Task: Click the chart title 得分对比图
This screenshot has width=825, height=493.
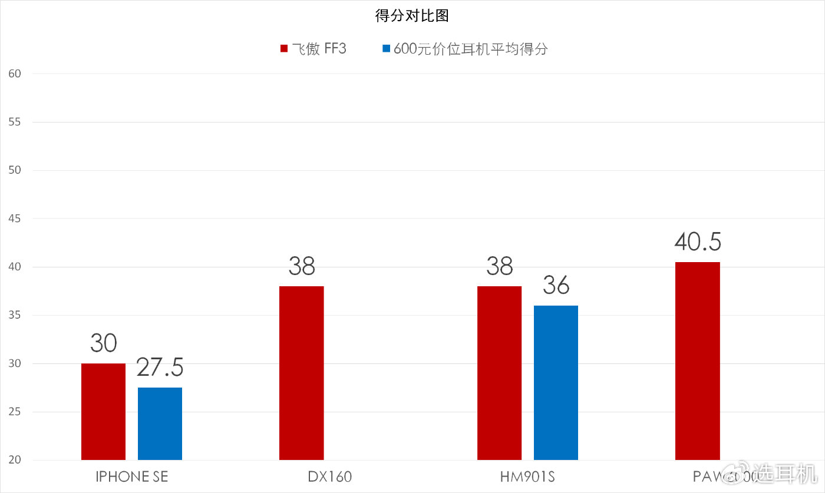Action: click(412, 16)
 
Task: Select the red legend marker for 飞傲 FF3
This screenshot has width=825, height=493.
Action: click(283, 48)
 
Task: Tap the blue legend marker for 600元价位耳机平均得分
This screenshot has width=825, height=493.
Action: click(386, 48)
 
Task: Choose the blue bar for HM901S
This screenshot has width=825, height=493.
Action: click(556, 382)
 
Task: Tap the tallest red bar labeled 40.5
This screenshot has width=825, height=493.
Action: click(697, 360)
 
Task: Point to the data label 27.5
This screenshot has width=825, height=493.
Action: click(160, 367)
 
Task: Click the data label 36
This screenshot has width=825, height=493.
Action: click(556, 285)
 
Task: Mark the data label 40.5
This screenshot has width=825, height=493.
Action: click(698, 241)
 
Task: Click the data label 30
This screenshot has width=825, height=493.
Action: click(103, 343)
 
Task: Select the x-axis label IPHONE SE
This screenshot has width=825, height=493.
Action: click(131, 477)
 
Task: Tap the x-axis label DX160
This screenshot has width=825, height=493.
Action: click(329, 477)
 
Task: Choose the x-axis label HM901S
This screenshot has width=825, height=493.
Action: click(527, 477)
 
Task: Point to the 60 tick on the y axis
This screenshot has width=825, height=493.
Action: click(15, 74)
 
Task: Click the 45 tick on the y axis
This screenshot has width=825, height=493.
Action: click(15, 219)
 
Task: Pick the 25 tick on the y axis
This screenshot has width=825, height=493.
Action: click(15, 412)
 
